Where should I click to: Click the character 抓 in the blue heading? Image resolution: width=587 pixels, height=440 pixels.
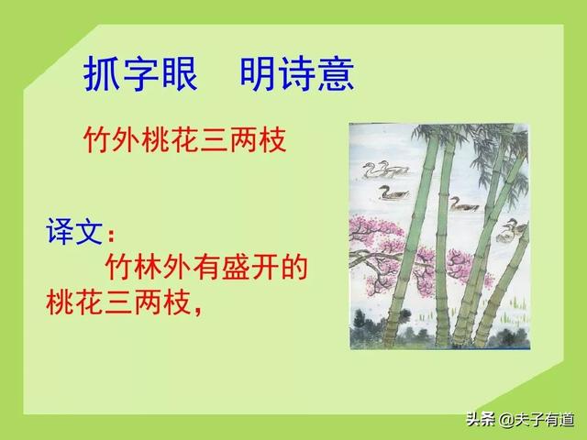tap(102, 74)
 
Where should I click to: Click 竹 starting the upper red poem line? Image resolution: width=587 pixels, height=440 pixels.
tap(98, 141)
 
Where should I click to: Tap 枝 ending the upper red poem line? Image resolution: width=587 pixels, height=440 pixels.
tap(272, 141)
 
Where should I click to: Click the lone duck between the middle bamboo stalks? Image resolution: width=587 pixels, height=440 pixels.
tap(463, 203)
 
